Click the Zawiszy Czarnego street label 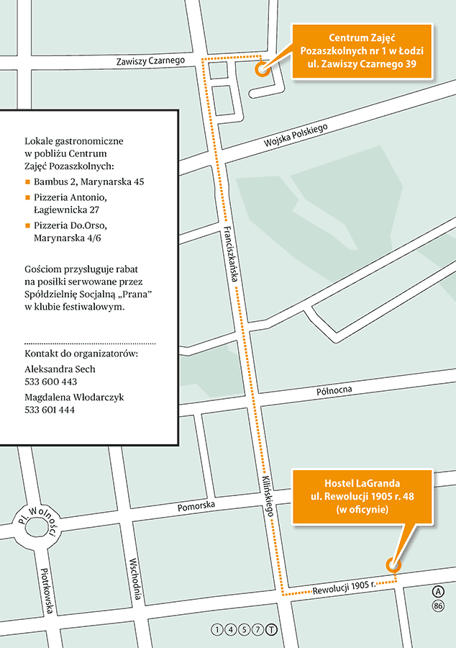pos(151,62)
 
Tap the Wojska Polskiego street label pos(296,136)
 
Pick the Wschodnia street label pos(136,580)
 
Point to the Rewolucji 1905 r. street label pos(344,587)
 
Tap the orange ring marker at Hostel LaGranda pos(393,565)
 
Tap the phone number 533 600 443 pos(50,382)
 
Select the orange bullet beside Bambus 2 pos(27,182)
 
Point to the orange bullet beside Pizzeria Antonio pos(27,197)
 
